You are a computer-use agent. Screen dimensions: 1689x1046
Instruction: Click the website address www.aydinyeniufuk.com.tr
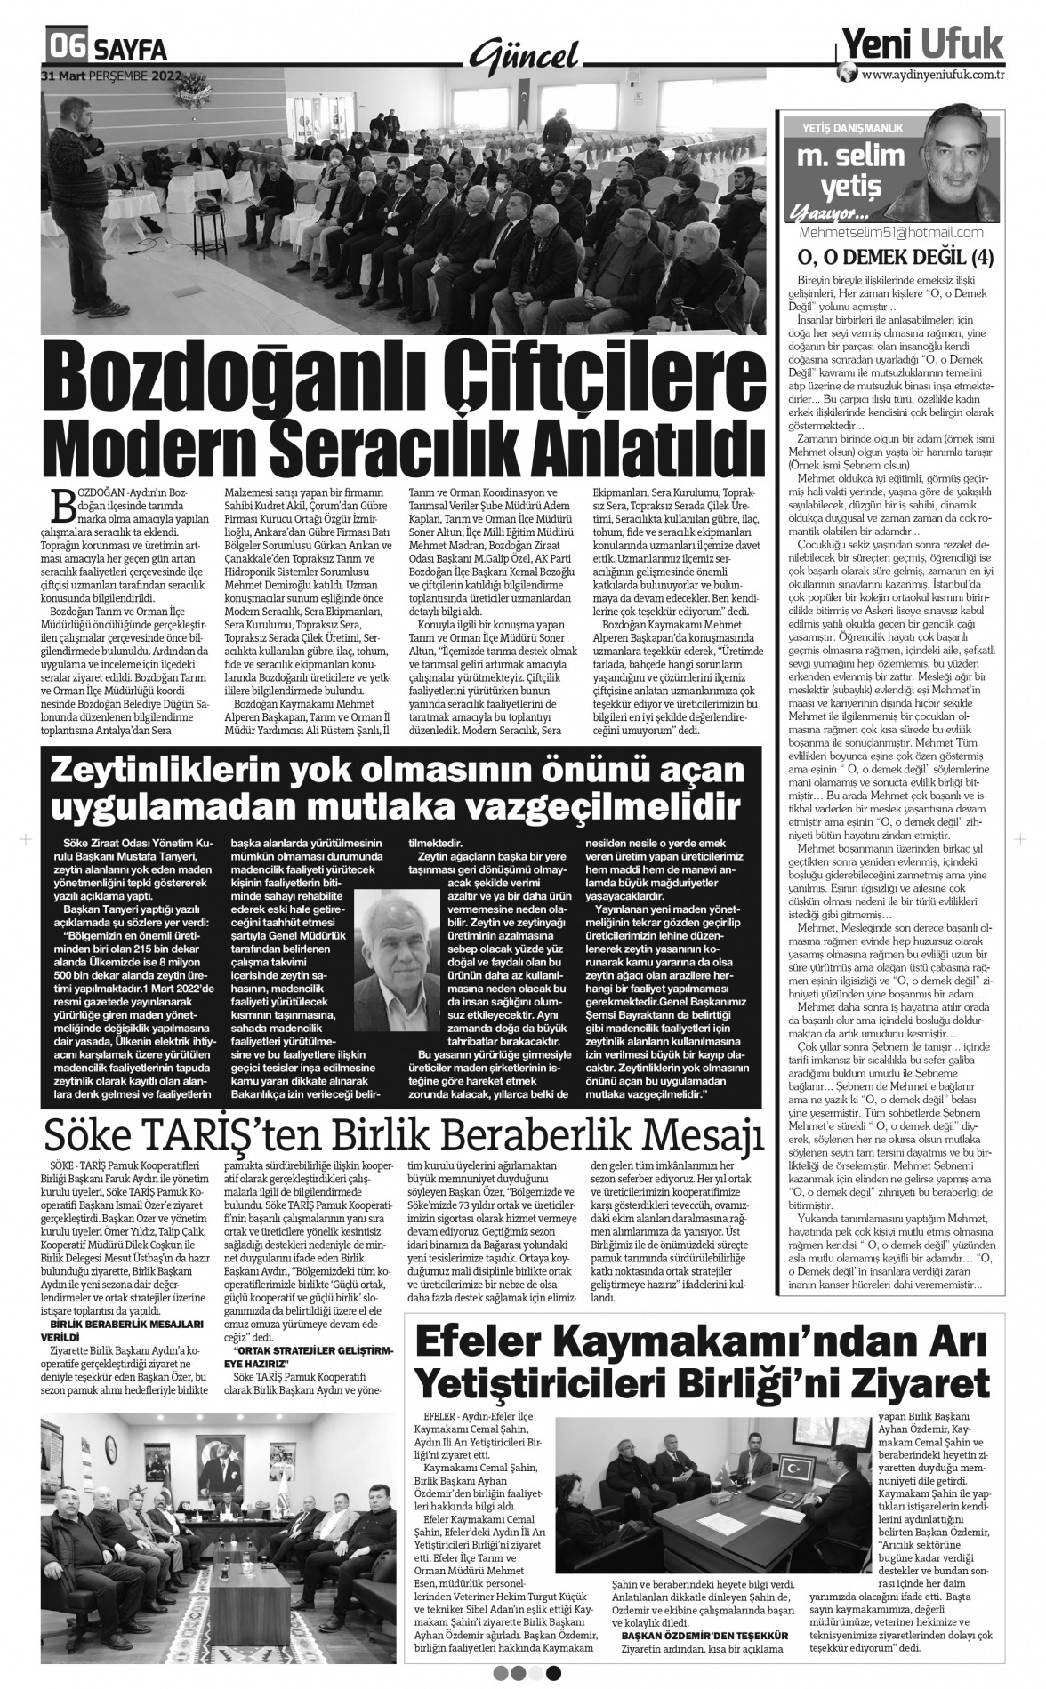coord(933,76)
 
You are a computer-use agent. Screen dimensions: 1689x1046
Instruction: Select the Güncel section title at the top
coord(524,55)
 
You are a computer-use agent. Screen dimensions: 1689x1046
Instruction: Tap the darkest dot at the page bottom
coord(554,1673)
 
